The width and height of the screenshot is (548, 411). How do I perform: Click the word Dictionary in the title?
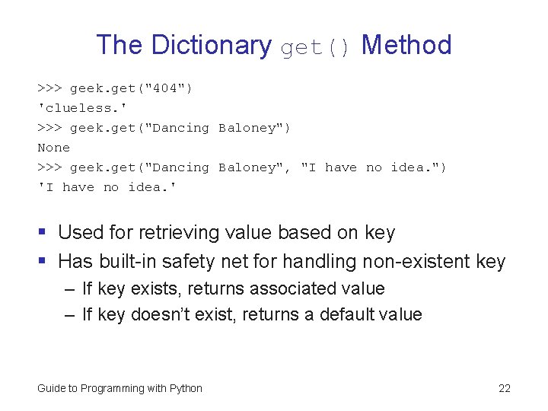[x=211, y=46]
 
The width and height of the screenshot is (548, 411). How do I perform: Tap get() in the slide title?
[x=316, y=47]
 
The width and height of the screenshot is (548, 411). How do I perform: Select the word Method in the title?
[x=406, y=46]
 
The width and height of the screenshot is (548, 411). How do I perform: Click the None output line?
[x=53, y=148]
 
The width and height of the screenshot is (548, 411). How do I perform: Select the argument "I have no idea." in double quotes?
[x=374, y=167]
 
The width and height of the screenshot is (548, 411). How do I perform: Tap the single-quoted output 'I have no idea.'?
[x=107, y=187]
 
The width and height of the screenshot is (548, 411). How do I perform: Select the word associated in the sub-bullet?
[x=289, y=289]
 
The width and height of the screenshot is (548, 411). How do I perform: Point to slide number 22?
[x=504, y=388]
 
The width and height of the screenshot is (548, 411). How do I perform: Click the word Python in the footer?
[x=186, y=388]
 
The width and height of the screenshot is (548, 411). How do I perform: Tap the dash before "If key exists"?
[x=69, y=289]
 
